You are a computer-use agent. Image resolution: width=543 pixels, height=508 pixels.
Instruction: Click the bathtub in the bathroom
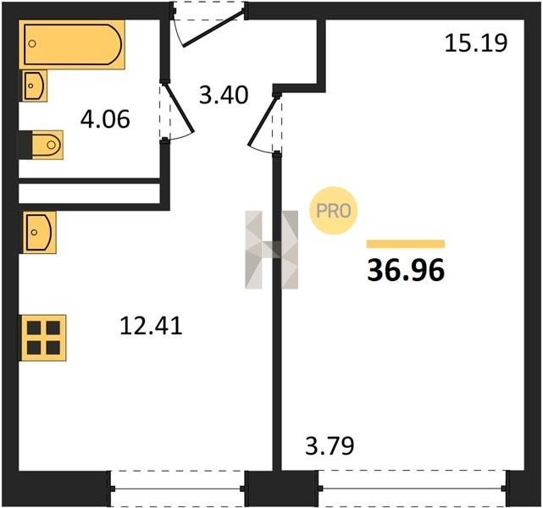pos(72,45)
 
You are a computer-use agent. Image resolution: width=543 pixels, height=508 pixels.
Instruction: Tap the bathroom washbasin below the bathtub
pos(35,86)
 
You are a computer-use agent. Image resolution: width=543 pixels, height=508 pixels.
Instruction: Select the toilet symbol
pos(47,145)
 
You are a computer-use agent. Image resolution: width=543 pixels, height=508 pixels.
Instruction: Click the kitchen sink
pos(38,233)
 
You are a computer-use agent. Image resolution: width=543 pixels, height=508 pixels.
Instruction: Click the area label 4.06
pos(105,119)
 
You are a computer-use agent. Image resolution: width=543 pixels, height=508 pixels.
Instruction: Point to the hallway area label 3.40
pos(224,95)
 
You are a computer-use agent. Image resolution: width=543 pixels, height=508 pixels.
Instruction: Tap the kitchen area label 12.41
pos(151,326)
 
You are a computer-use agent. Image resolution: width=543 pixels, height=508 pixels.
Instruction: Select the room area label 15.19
pos(476,43)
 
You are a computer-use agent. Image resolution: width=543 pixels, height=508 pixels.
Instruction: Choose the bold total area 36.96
pos(406,271)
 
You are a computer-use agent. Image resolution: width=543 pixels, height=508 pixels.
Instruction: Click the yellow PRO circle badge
pos(334,211)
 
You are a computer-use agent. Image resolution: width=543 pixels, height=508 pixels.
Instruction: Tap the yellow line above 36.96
pos(406,244)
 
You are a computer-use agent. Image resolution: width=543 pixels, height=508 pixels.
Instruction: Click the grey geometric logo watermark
pos(271,250)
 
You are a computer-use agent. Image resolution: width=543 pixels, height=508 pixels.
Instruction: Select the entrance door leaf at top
pos(213,29)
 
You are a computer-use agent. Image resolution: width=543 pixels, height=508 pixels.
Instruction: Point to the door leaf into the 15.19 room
pos(263,121)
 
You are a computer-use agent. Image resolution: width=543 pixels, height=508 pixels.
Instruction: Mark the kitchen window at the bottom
pos(178,489)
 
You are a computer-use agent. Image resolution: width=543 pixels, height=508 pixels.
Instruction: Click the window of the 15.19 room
pos(412,489)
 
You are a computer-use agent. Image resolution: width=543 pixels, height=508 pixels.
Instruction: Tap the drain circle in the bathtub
pos(32,43)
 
